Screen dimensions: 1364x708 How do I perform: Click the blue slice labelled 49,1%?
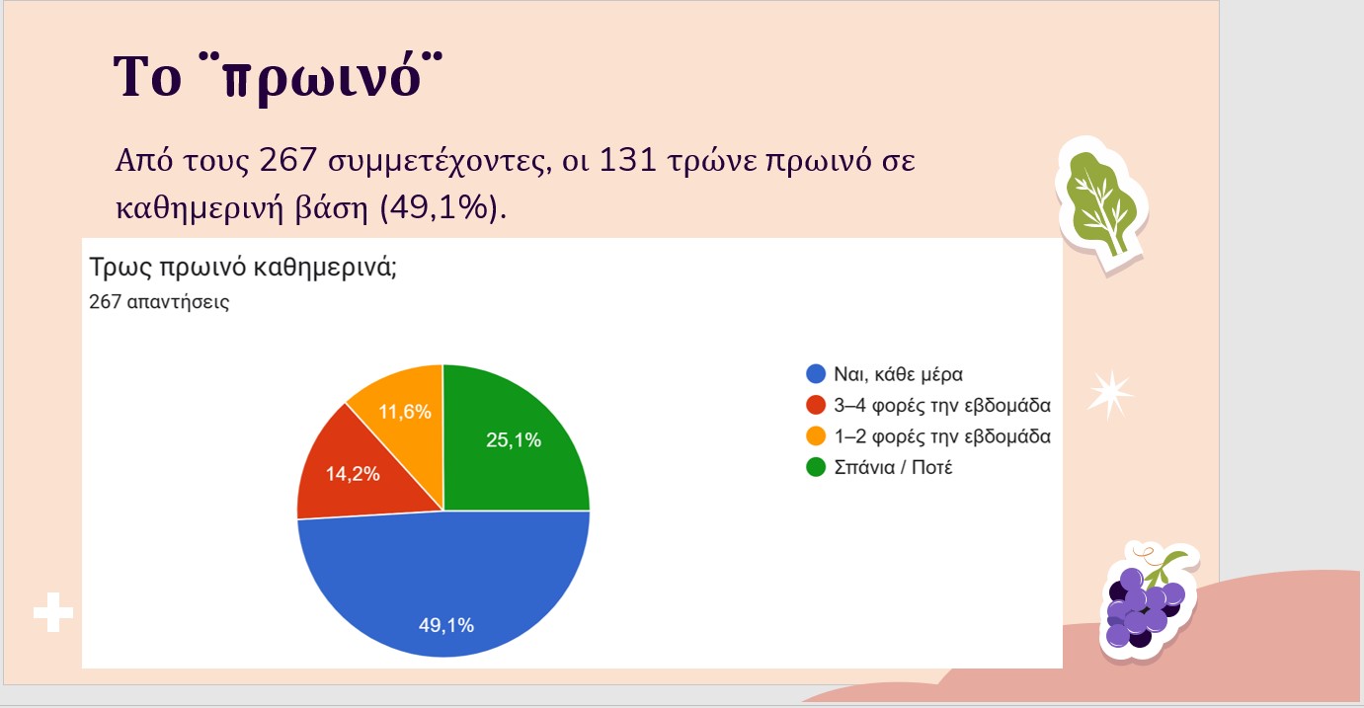[x=443, y=585]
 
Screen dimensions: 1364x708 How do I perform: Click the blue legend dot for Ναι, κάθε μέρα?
[x=816, y=374]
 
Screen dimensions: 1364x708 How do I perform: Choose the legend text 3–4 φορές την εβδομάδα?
[x=942, y=405]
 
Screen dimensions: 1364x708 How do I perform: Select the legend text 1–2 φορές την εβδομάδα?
[x=942, y=435]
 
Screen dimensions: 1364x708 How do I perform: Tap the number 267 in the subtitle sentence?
[x=287, y=160]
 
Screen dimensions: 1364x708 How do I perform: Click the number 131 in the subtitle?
[x=627, y=160]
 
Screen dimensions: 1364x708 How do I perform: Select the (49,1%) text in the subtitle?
[x=443, y=208]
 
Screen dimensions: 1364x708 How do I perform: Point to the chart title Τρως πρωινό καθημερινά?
[x=243, y=268]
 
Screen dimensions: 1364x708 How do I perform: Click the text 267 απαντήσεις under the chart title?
[x=159, y=302]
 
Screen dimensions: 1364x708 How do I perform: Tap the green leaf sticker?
[x=1103, y=205]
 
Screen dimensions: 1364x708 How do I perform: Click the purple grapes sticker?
[x=1148, y=601]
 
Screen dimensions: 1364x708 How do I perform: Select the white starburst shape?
[x=1109, y=394]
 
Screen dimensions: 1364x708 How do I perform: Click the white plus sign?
[x=53, y=612]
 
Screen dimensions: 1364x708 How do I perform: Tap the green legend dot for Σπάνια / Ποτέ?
[x=816, y=467]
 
